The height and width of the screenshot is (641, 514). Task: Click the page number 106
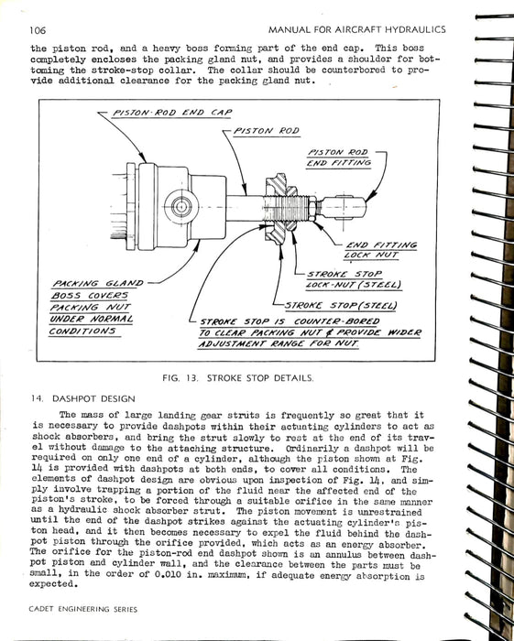(38, 30)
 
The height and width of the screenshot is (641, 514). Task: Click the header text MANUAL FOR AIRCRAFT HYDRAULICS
(357, 29)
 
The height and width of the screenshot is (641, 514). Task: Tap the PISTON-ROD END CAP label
(172, 113)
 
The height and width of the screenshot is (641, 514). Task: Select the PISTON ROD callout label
(267, 131)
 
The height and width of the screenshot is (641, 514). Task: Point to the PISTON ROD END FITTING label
(339, 158)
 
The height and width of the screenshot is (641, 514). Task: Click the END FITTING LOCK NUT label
(380, 250)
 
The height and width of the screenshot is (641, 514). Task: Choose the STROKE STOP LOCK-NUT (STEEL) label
(354, 279)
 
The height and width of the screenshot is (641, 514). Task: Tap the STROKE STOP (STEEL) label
(341, 306)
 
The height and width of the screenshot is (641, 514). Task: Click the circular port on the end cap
(181, 206)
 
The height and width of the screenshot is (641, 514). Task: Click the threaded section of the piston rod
(286, 209)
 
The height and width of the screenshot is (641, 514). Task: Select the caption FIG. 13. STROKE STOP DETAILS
(238, 378)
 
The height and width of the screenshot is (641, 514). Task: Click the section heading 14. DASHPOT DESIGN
(83, 398)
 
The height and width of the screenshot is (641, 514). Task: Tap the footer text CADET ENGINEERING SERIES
(83, 609)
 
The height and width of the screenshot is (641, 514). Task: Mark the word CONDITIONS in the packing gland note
(82, 331)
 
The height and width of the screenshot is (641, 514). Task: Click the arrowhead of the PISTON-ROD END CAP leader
(143, 158)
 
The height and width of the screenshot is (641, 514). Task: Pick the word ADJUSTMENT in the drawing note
(233, 343)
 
